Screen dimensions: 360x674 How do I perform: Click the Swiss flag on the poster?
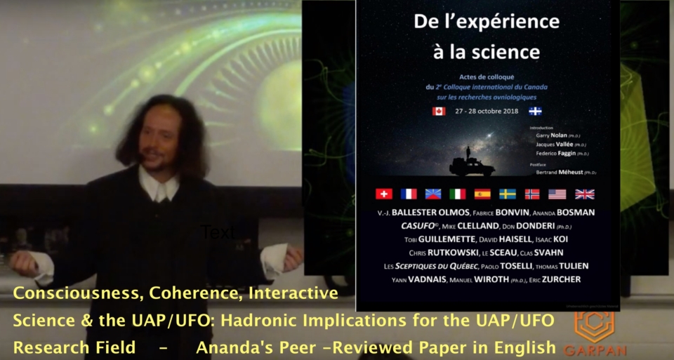click(384, 194)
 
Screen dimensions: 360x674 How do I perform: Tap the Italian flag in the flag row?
click(457, 194)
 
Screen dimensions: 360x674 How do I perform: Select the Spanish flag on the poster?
click(482, 194)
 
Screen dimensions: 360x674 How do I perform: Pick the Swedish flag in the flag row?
click(508, 194)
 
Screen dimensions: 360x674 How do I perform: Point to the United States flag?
click(557, 194)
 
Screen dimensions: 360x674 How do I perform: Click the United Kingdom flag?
click(584, 194)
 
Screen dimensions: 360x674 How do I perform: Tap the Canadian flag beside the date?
click(439, 111)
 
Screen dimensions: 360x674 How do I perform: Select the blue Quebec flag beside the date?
click(535, 111)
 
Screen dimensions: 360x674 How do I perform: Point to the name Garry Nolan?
click(554, 135)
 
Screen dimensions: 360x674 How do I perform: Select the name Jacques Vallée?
click(555, 145)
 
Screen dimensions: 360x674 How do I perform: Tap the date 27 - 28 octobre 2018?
click(487, 111)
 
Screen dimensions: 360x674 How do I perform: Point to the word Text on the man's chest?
click(218, 232)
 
